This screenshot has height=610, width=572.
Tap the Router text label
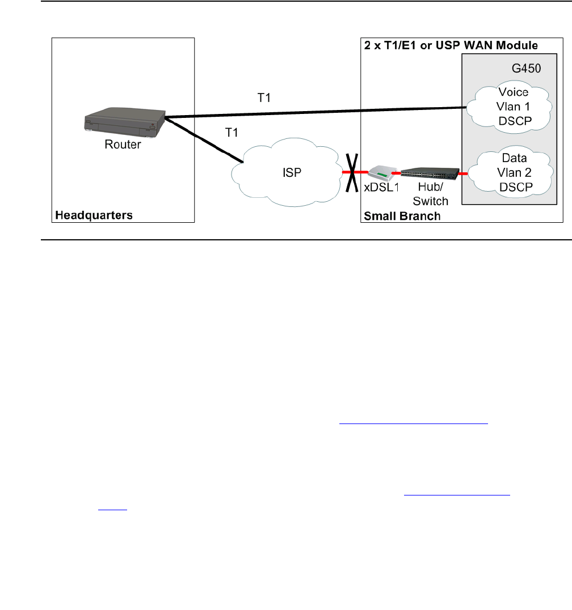click(x=122, y=145)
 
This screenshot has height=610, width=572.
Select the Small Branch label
click(x=402, y=215)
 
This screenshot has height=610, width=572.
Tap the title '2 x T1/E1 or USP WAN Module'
click(x=451, y=44)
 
